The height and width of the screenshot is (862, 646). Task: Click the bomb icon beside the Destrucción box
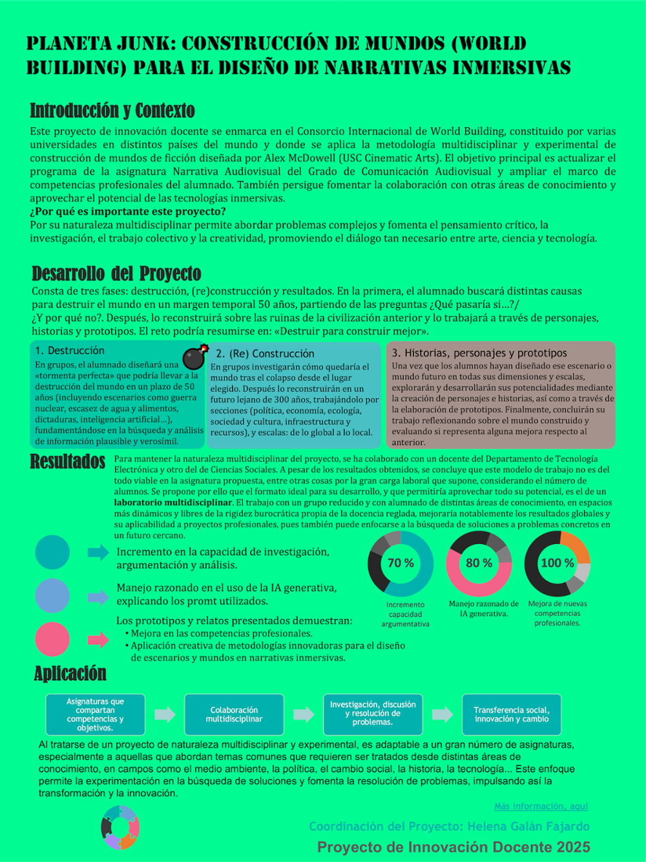coord(194,357)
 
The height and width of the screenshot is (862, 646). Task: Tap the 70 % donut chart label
coord(401,563)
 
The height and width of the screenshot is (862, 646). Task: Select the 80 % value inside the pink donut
coord(479,563)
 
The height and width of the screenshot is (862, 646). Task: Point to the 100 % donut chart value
coord(557,563)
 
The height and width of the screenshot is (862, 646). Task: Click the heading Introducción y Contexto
coord(112,111)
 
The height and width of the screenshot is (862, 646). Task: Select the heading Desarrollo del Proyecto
coord(116,273)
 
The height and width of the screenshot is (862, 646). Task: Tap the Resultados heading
coord(68,462)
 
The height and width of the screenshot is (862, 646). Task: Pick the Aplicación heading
coord(70,673)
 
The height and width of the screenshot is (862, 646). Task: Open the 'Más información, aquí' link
coord(541,806)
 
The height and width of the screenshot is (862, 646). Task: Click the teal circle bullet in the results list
coord(52,552)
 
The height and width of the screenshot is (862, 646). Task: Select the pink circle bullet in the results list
coord(52,640)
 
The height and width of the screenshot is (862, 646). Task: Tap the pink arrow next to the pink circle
coord(98,640)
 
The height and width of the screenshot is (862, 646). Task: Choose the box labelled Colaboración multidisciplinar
coord(234,715)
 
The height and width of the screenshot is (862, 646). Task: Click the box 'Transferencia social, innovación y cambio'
coord(512,715)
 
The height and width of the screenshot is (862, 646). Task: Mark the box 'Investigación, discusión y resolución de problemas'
coord(373,715)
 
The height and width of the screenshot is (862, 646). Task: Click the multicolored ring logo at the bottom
coord(120,827)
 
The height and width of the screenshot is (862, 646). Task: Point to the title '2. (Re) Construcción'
coord(265,354)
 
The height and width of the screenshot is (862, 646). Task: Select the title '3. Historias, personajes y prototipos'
coord(479,353)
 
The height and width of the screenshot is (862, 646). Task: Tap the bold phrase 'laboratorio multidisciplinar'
coord(173,503)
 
